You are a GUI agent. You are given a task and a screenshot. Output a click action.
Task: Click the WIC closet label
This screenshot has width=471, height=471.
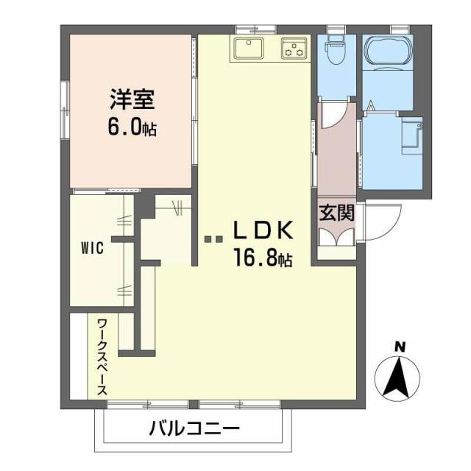coord(91,248)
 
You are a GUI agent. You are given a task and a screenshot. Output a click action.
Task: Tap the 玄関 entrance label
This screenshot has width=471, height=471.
coord(337,213)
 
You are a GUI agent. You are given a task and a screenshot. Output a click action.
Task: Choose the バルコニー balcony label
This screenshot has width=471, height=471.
coord(193,428)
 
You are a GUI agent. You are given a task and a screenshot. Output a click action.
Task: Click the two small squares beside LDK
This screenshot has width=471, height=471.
coord(213,238)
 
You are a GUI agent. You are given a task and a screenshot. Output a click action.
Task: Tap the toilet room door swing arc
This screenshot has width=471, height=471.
coord(329,114)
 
